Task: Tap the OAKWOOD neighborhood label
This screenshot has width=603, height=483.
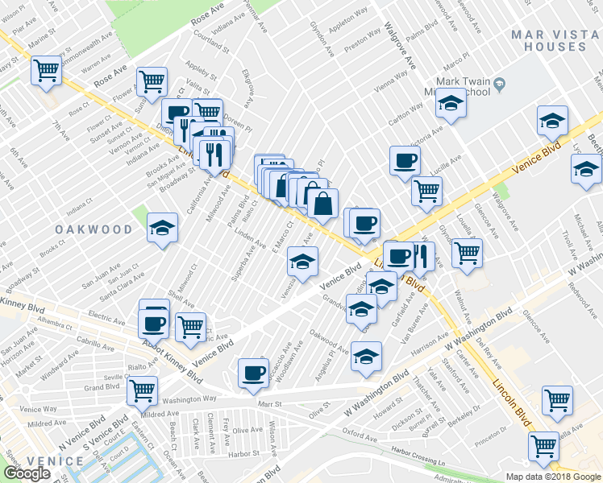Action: (94, 229)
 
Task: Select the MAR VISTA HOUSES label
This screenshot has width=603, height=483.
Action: (549, 40)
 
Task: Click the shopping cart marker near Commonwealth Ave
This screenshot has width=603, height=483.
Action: (46, 71)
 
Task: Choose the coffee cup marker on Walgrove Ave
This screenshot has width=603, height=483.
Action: (405, 160)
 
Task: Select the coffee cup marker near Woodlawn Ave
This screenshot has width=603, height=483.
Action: (253, 373)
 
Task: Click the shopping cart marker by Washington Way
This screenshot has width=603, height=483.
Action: (142, 391)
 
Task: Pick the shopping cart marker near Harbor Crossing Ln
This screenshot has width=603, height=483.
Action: (543, 445)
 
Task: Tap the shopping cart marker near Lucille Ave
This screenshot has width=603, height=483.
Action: (426, 191)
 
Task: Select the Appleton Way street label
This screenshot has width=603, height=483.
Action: (348, 14)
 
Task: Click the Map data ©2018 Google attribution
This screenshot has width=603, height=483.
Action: (553, 477)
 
